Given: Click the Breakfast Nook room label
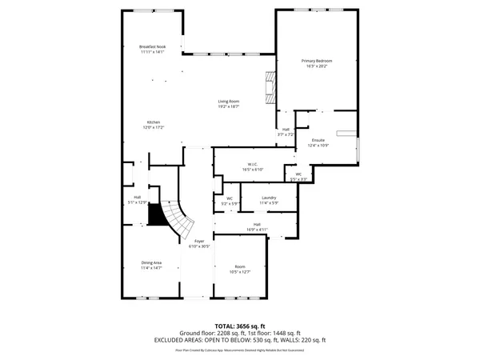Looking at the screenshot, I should (x=151, y=46).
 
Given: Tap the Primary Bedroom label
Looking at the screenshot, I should (x=317, y=62).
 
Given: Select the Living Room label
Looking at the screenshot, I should (x=230, y=101).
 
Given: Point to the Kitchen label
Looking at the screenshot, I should (x=153, y=122).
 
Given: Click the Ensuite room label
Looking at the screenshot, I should (x=318, y=141).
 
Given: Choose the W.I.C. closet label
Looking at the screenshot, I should (x=253, y=165).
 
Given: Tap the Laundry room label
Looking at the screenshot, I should (x=269, y=198).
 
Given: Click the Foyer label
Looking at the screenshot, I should (x=199, y=241).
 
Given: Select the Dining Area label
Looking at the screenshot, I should (x=151, y=263).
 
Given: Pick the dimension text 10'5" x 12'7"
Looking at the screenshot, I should (x=240, y=272).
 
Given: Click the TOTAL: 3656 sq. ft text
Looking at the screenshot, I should (x=240, y=326).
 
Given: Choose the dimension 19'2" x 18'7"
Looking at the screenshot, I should (x=230, y=106).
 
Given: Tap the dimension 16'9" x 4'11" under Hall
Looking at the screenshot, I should (x=257, y=230).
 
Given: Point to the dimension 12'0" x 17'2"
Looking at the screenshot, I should (x=153, y=127).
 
